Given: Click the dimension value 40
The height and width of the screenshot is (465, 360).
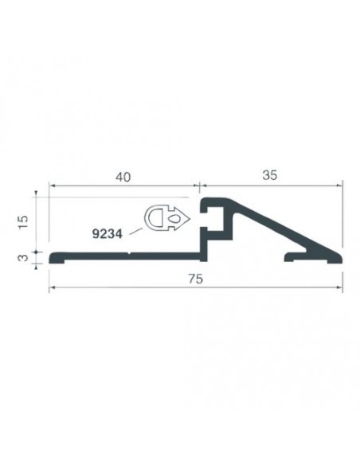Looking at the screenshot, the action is pos(123,177).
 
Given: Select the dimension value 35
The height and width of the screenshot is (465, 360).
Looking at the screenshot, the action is pos(269,175).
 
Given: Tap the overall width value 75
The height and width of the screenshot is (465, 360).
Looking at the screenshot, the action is pos(196,279).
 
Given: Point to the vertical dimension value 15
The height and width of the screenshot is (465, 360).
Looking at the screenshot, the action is pos(23,221).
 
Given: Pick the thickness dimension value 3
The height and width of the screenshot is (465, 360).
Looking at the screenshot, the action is pos(23,257).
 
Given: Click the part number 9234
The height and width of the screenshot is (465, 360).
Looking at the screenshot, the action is pos(107,234).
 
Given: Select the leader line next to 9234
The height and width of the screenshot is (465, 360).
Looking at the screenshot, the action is pos(136,232).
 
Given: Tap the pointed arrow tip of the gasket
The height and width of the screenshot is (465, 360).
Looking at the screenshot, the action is pos(190,218).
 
